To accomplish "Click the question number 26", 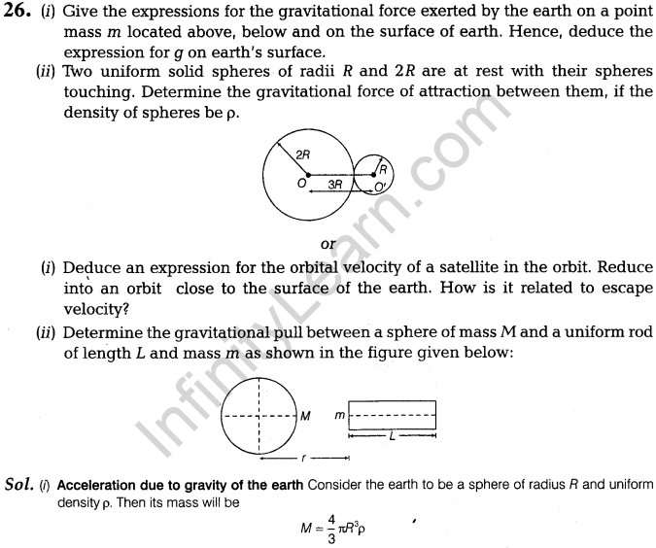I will [17, 13].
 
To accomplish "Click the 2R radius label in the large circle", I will [301, 152].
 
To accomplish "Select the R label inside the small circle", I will [383, 167].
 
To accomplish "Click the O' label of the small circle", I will [380, 186].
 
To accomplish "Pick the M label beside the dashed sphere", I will [305, 417].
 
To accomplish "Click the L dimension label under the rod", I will [392, 436].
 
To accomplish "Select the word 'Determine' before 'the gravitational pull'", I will [101, 332].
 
